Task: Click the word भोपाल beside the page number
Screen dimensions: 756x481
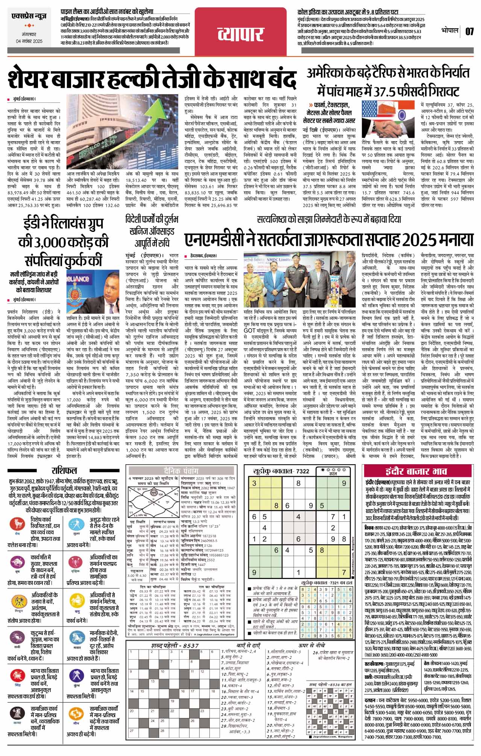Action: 450,30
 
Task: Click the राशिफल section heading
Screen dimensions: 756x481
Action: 64,471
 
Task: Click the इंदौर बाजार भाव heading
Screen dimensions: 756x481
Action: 416,471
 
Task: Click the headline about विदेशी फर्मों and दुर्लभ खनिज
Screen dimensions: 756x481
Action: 152,230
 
